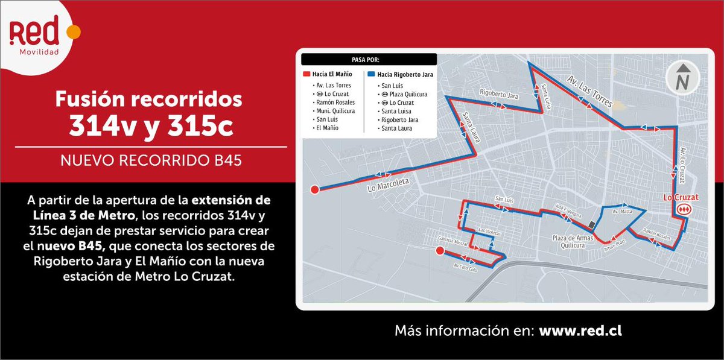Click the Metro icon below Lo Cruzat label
pyautogui.click(x=683, y=210)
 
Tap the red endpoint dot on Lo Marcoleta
pyautogui.click(x=314, y=191)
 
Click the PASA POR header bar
pyautogui.click(x=369, y=60)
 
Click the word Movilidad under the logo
pyautogui.click(x=40, y=52)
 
